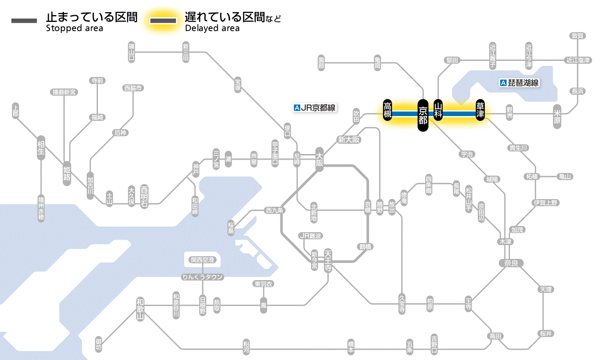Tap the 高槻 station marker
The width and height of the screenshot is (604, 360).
[387, 110]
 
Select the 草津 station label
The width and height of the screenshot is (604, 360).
[480, 111]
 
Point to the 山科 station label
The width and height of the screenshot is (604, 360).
[438, 110]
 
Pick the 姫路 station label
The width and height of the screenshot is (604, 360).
[67, 173]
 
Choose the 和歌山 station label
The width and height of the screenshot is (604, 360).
[140, 309]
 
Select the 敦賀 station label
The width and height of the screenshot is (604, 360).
[577, 36]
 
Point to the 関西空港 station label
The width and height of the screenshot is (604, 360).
[203, 260]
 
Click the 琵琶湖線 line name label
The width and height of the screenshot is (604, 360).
[520, 83]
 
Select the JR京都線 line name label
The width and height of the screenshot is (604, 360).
[315, 108]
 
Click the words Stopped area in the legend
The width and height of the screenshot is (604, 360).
[75, 28]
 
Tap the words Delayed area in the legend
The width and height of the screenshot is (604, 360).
[212, 28]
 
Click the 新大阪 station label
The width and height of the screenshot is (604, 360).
[349, 139]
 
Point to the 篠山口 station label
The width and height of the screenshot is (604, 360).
[132, 51]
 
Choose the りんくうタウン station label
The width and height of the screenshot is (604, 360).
[203, 277]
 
